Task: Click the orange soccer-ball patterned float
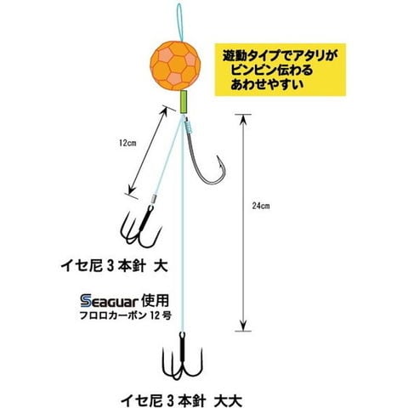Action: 175,65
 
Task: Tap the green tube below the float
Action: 184,102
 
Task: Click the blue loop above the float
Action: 179,23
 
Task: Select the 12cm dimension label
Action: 127,143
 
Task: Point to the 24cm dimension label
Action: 261,206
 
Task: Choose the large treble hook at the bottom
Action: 182,357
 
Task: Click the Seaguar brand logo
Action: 109,301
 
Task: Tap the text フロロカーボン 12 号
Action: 125,315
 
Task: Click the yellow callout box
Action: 280,70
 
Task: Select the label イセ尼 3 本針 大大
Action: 182,400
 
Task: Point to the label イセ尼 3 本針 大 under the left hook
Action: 114,266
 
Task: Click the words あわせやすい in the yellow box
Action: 267,84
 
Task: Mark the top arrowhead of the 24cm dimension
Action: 243,120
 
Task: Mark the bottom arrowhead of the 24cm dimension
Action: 243,326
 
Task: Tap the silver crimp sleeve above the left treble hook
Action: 153,198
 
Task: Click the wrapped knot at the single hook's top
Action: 189,125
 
